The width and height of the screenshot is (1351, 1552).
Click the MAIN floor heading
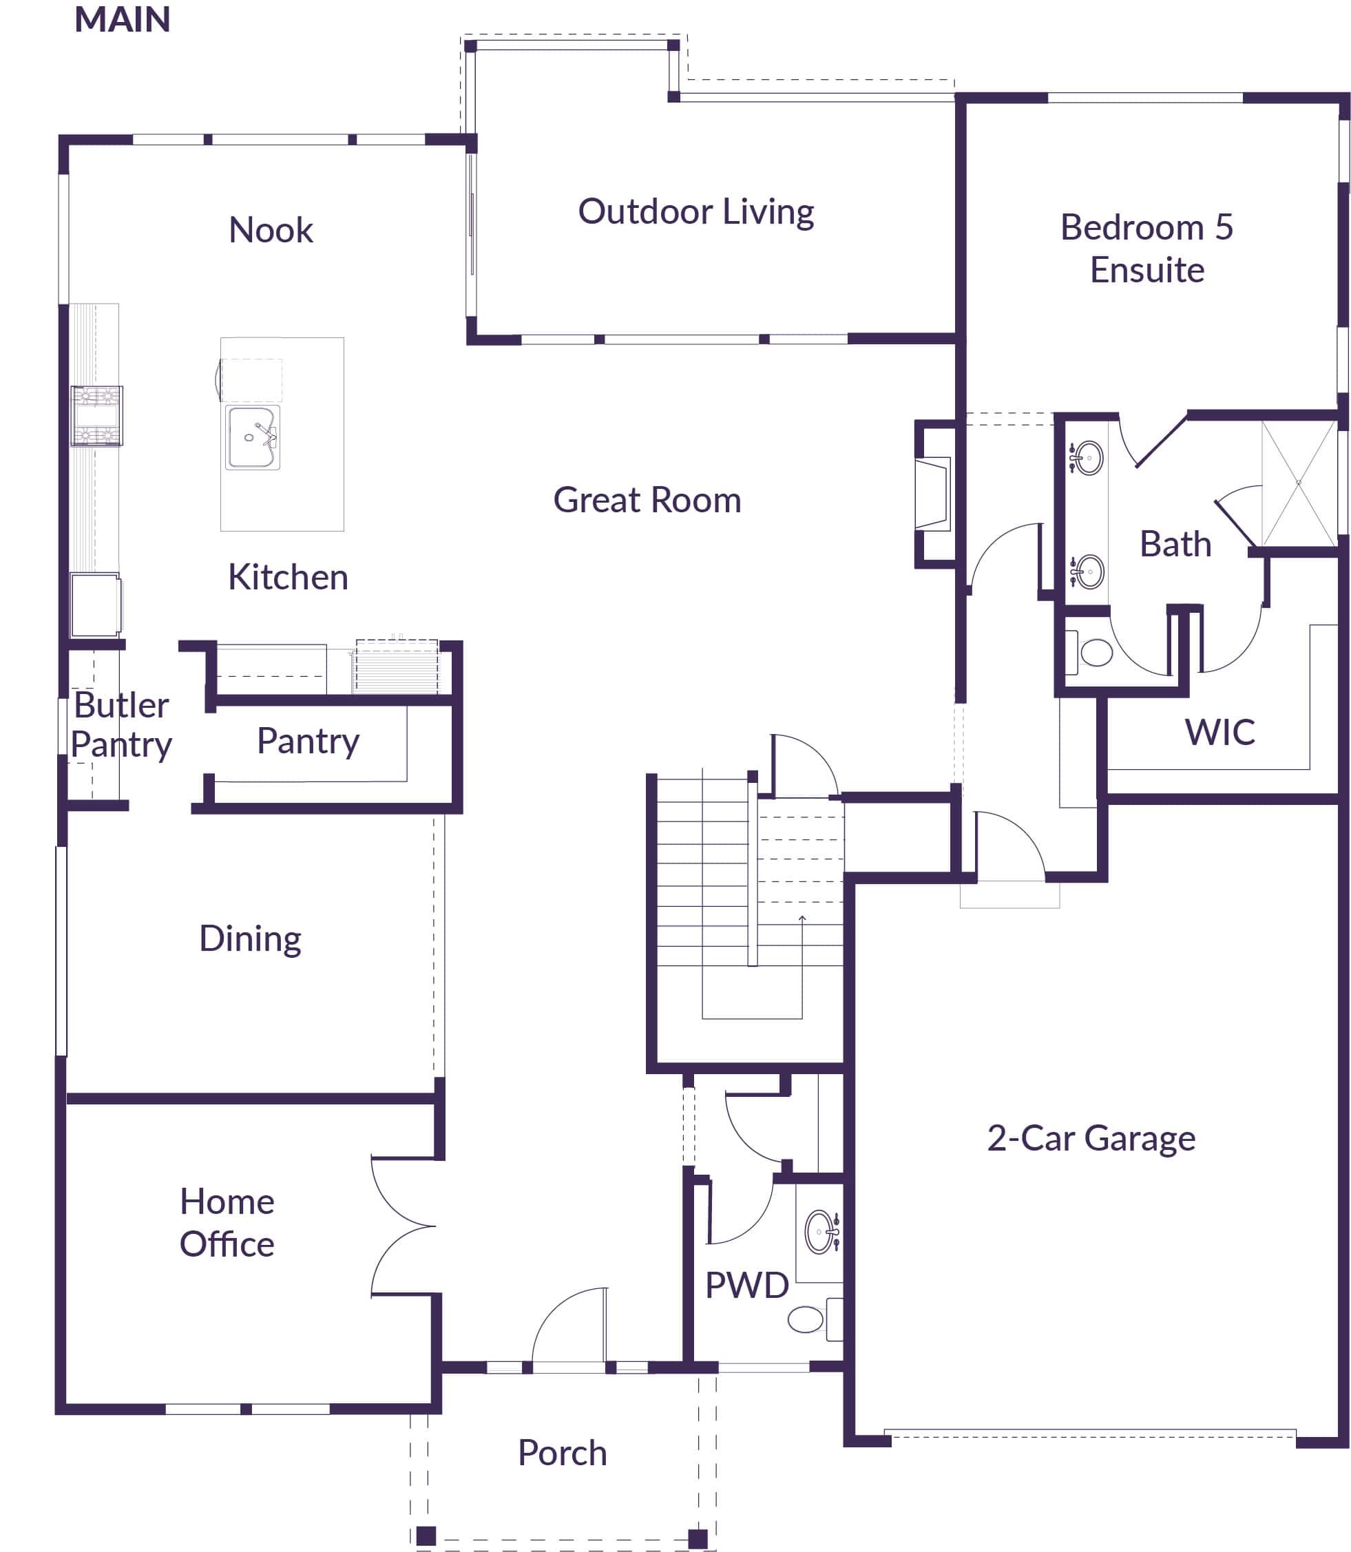pos(122,19)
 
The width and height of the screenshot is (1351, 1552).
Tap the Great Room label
pos(647,501)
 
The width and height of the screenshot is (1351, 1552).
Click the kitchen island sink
pos(253,438)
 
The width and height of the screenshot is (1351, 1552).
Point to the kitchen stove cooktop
pos(96,416)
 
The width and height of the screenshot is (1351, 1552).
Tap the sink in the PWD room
pos(819,1233)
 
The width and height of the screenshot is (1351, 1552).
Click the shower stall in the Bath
pos(1298,483)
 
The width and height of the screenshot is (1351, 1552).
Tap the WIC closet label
pos(1219,732)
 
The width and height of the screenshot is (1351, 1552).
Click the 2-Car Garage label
pos(1091,1138)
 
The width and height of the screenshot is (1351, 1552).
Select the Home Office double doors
pos(403,1226)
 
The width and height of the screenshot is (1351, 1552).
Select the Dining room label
pos(249,939)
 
